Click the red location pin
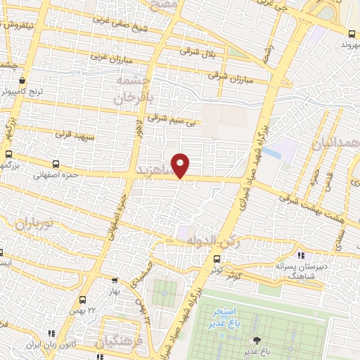pos(181,165)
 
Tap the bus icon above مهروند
pos(352,33)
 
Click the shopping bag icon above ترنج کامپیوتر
pos(23,80)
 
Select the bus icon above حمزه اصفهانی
pos(8,155)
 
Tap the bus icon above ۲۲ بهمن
pos(83,300)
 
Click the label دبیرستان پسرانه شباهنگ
pos(300,268)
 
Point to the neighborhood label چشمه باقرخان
pos(134,90)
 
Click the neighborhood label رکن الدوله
pos(210,241)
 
